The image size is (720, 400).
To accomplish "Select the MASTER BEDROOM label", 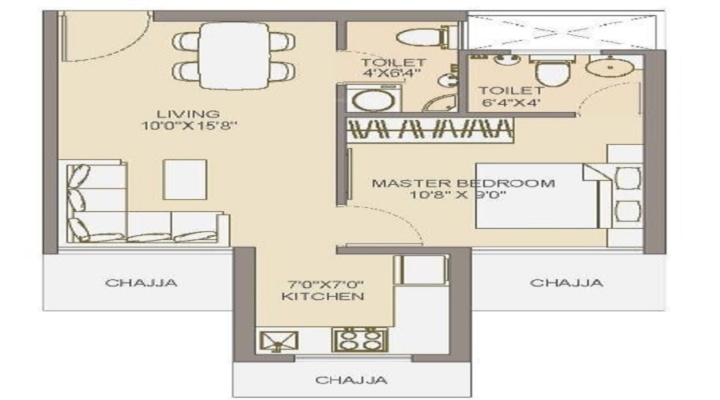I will coord(462,183).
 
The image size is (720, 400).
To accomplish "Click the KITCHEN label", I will coord(322,296).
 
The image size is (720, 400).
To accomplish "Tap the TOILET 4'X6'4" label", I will coord(392,68).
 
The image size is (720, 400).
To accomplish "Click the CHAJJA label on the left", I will coord(141,282).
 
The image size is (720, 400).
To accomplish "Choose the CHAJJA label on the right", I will coord(566,282).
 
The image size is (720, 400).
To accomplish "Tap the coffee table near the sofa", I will coord(185,178).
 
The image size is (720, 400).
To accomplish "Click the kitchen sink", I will coord(276,340).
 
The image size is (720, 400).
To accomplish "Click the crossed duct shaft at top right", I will coord(565,32).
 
